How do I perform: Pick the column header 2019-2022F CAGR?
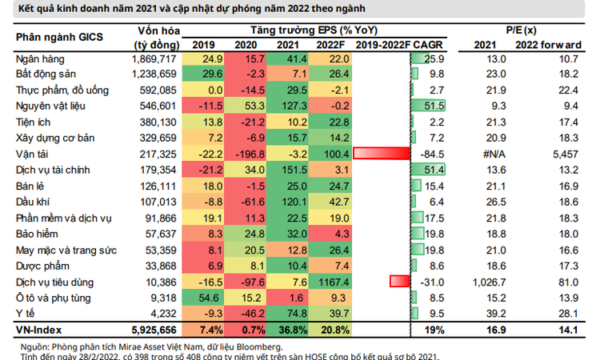pyautogui.click(x=400, y=45)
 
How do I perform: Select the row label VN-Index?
pyautogui.click(x=38, y=330)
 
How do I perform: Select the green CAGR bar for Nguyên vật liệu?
pyautogui.click(x=428, y=105)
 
